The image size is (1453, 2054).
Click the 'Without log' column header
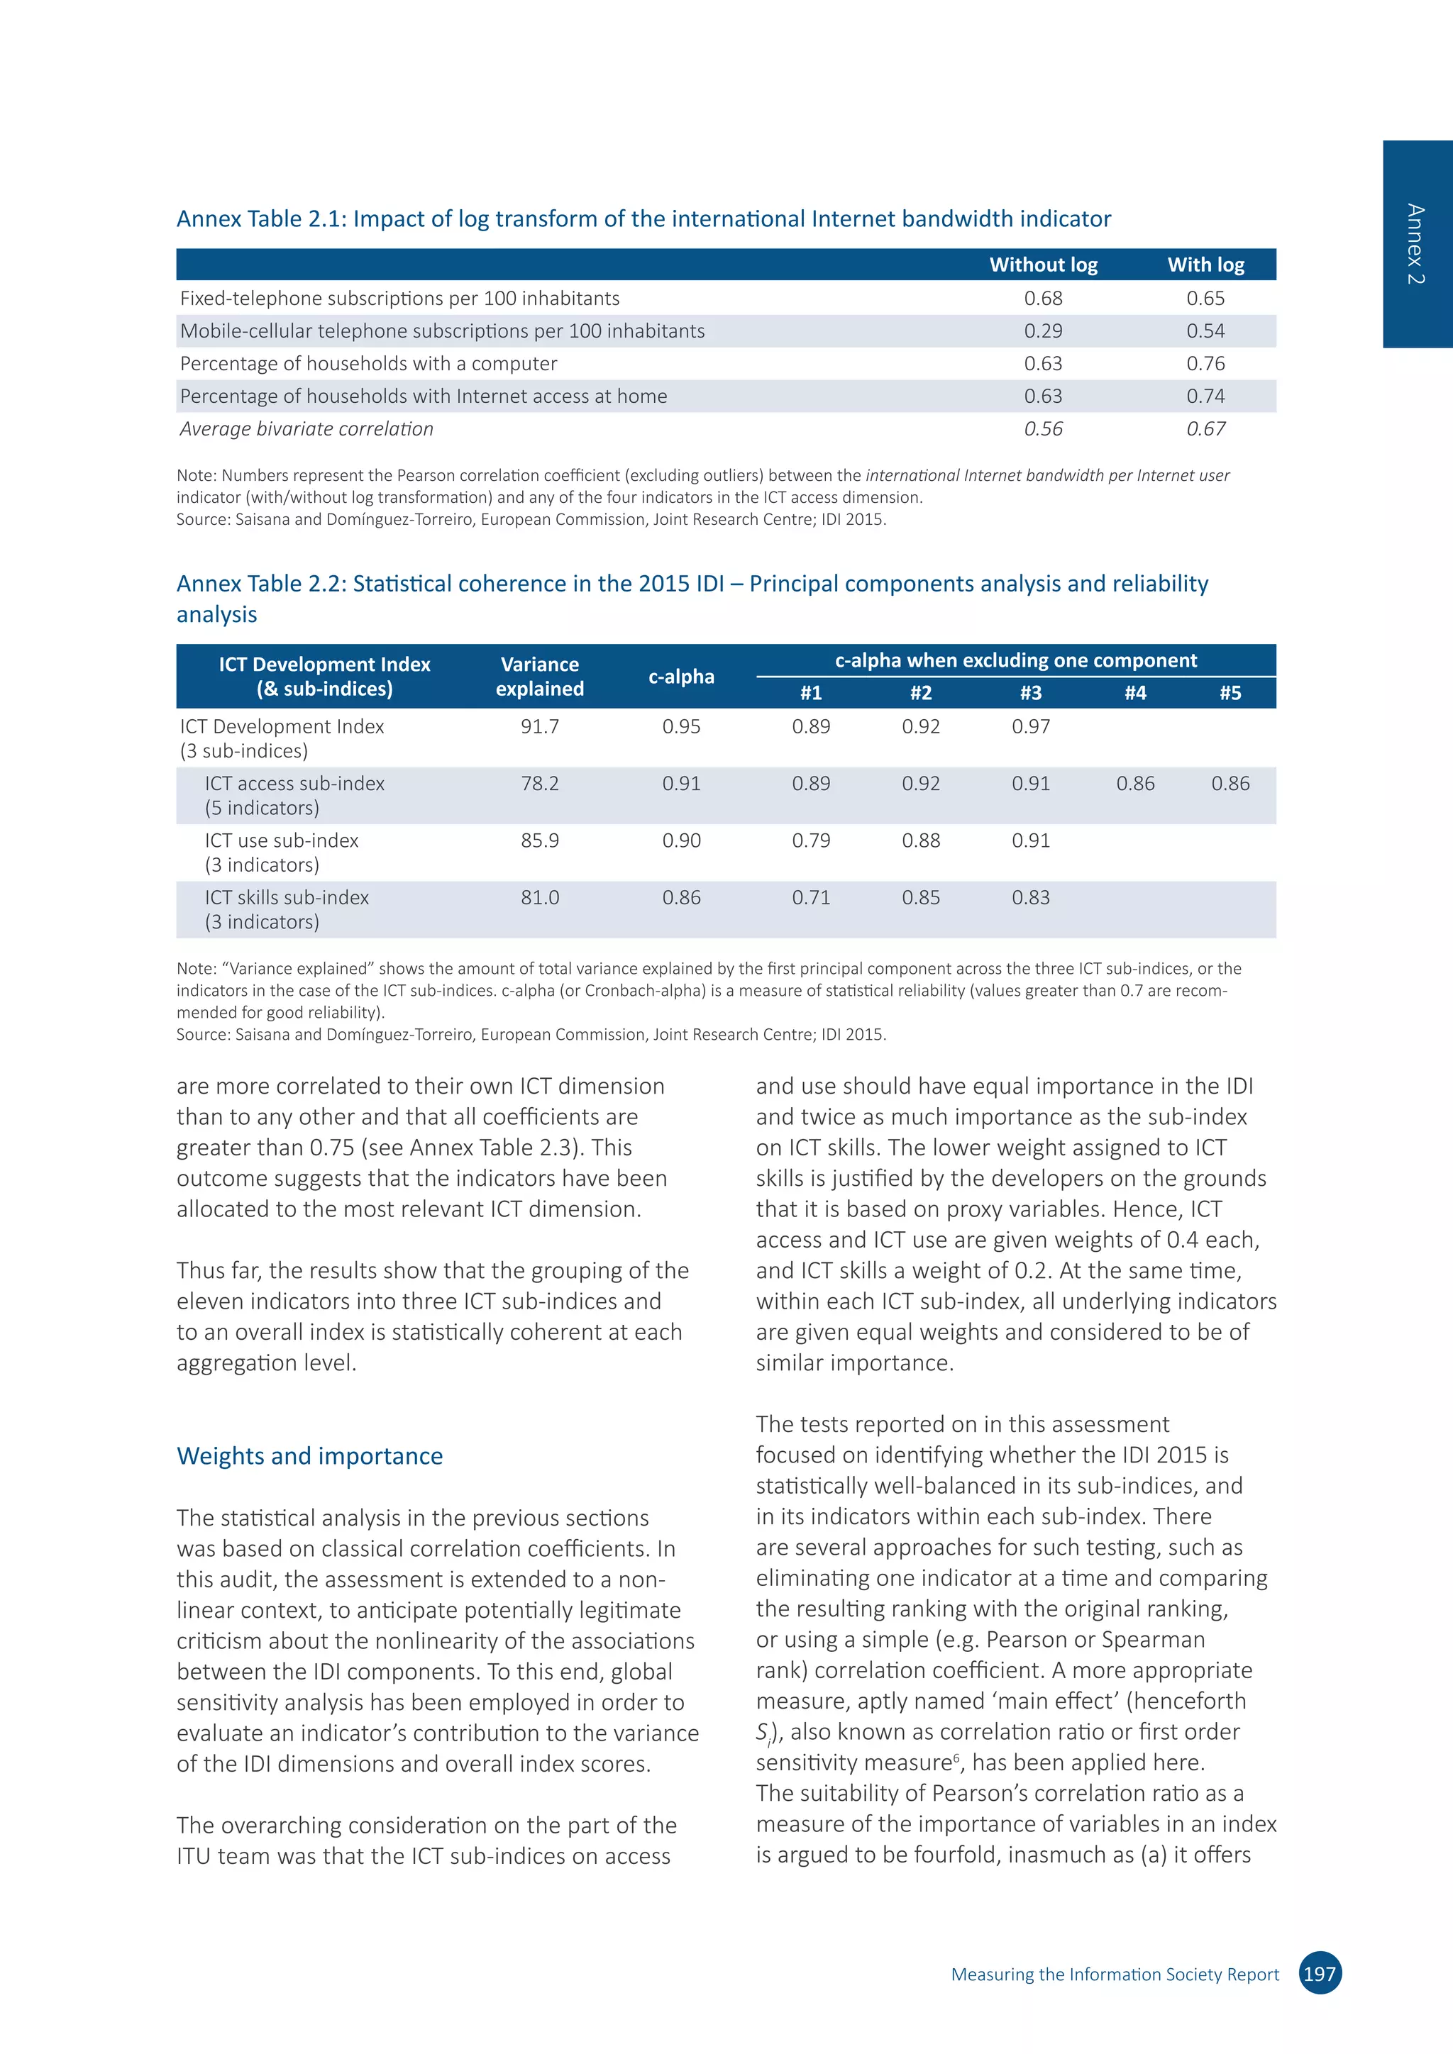tap(1043, 265)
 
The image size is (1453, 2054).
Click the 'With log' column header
tap(1205, 265)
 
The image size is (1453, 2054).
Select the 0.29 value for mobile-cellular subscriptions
tap(1043, 331)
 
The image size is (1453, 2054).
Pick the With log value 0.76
tap(1205, 363)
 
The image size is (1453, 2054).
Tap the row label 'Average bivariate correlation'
tap(307, 428)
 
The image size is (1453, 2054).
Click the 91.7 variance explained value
tap(539, 726)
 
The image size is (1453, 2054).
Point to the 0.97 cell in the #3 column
tap(1031, 726)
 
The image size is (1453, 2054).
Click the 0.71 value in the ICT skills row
tap(811, 897)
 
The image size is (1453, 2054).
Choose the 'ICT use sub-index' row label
tap(281, 841)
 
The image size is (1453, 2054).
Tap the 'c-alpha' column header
tap(681, 677)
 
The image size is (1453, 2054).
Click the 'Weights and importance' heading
tap(309, 1455)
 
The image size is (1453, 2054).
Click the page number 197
tap(1319, 1973)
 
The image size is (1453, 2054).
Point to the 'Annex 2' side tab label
tap(1415, 244)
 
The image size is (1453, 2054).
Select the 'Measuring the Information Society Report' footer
tap(1115, 1975)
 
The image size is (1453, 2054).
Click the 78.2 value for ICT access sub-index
tap(539, 784)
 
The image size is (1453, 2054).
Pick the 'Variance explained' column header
tap(539, 677)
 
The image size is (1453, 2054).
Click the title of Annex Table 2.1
tap(643, 219)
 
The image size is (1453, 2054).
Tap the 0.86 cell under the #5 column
tap(1230, 784)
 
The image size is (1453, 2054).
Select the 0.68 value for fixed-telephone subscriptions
tap(1043, 298)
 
